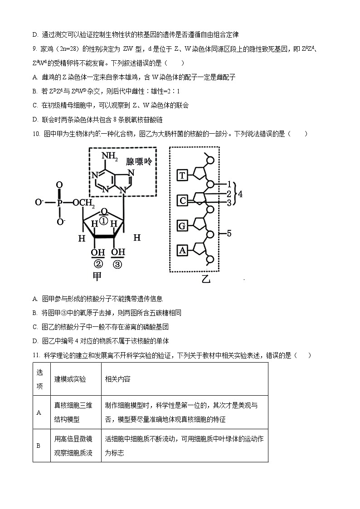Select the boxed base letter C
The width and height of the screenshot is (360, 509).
[x=182, y=200]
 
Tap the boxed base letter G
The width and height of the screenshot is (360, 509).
[x=182, y=225]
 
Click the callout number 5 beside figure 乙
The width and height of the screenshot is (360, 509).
[x=229, y=233]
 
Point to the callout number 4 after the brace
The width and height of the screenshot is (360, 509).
[x=240, y=194]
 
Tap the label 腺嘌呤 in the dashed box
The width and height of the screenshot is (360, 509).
[x=139, y=162]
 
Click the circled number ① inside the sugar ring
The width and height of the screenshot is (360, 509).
[x=103, y=221]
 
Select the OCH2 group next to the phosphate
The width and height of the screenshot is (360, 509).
[x=83, y=203]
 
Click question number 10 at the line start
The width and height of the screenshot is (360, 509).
[x=37, y=134]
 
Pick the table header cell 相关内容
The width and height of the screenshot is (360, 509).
[x=117, y=379]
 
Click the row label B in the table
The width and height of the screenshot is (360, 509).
[x=39, y=446]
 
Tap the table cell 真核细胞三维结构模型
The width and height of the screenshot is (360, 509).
[x=73, y=412]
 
